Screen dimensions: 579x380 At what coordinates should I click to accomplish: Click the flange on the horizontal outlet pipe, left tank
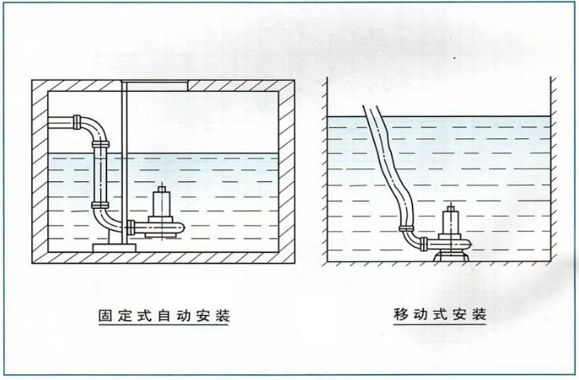tap(77, 122)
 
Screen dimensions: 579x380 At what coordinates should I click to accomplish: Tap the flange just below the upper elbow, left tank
tap(100, 144)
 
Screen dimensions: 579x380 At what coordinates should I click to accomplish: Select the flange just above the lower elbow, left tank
tap(100, 206)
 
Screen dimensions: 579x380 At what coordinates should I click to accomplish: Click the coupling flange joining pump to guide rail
tap(131, 227)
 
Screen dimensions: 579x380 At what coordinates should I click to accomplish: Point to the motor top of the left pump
tap(161, 189)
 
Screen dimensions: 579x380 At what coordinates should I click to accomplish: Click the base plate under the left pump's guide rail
tap(115, 248)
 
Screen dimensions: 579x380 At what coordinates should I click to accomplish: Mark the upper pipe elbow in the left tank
tap(95, 128)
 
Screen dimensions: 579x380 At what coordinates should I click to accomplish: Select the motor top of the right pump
tap(451, 209)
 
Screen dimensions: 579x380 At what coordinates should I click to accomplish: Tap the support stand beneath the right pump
tap(451, 256)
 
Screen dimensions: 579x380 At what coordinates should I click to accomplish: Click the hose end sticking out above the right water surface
tap(373, 111)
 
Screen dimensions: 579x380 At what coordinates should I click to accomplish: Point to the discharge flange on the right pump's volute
tap(424, 244)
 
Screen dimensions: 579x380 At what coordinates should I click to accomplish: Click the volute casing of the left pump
tap(165, 227)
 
